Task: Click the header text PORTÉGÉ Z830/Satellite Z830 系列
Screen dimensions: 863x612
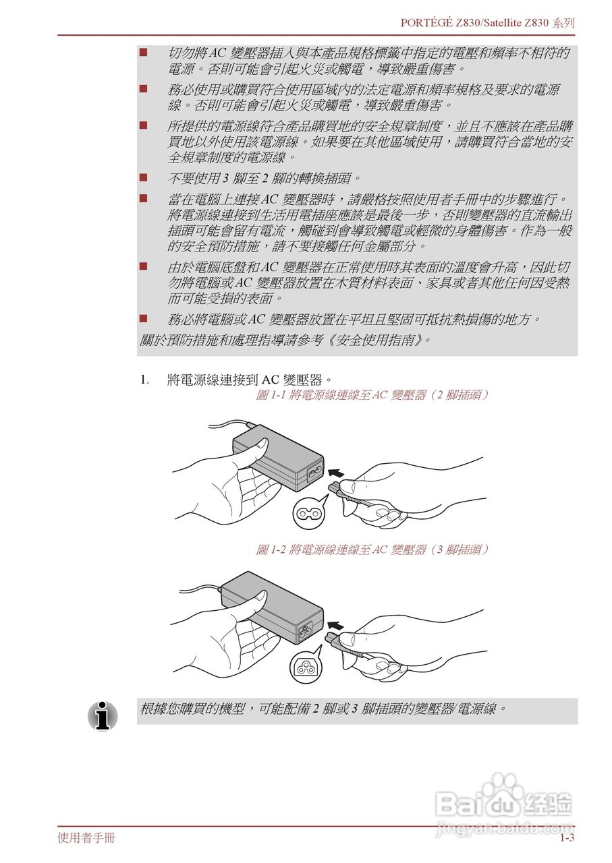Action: [x=487, y=22]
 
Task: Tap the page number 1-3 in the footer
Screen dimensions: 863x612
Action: [x=566, y=838]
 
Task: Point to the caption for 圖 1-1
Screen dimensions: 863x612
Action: [x=372, y=395]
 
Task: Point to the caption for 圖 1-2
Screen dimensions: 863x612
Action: [x=372, y=549]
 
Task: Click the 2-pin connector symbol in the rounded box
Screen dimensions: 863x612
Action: [x=310, y=514]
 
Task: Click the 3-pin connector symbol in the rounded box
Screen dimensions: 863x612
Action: [x=306, y=667]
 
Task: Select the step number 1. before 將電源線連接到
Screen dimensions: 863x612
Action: [x=144, y=380]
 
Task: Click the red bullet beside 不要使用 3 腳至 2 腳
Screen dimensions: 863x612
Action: [x=144, y=178]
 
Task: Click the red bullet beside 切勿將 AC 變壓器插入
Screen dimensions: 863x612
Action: [x=144, y=53]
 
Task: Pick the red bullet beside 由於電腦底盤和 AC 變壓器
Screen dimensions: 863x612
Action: [x=144, y=266]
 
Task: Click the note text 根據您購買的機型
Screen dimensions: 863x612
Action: [x=323, y=709]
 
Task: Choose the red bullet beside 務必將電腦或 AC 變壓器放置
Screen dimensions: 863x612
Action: [x=144, y=318]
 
